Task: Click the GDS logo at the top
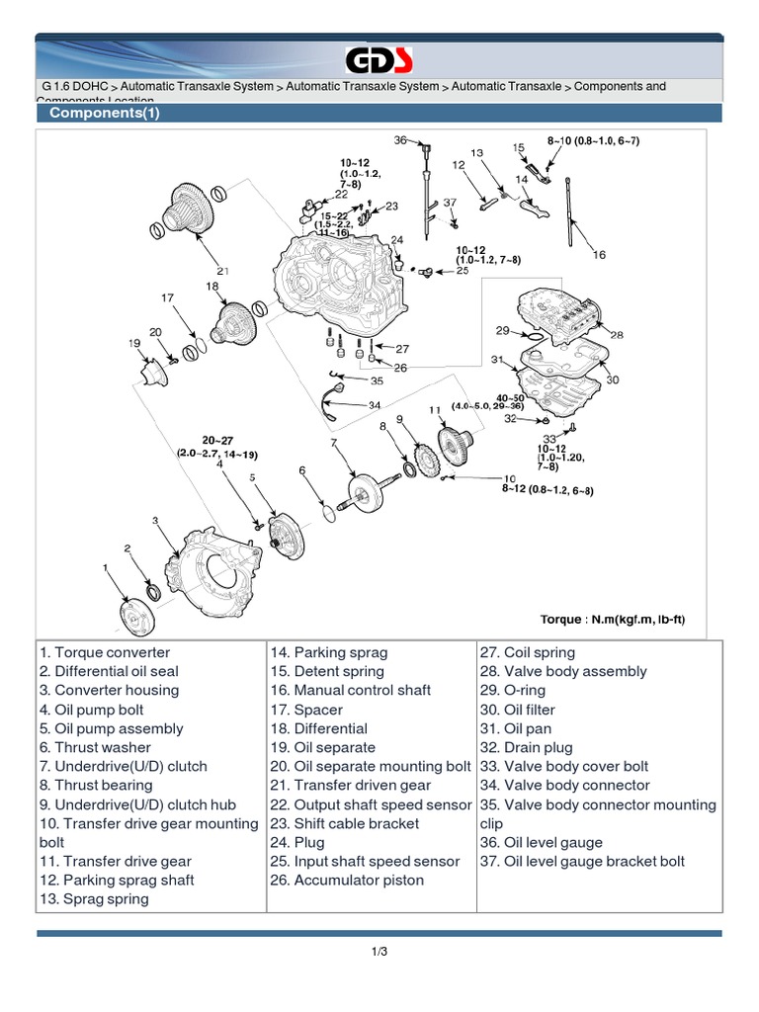click(x=379, y=60)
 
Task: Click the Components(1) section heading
click(x=105, y=113)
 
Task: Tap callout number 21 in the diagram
click(x=223, y=271)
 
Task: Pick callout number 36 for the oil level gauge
click(x=400, y=140)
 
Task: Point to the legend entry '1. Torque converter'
click(x=105, y=652)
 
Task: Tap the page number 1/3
click(x=379, y=952)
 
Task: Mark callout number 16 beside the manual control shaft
click(x=598, y=255)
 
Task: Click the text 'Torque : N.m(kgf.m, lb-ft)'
click(x=612, y=620)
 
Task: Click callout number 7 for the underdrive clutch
click(x=336, y=443)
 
